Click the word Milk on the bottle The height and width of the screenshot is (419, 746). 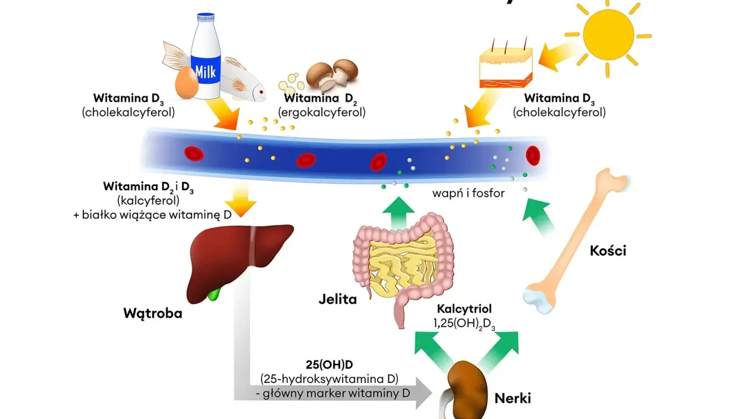pos(206,72)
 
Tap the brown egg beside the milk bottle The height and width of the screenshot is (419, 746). pos(186,83)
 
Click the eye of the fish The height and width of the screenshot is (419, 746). pos(262,92)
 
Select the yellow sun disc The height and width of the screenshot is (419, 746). pos(608,34)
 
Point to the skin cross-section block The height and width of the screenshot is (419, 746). pos(506,68)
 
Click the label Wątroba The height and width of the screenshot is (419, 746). pos(153,314)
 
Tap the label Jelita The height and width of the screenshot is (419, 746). pos(337,299)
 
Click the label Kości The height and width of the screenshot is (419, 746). pos(608,251)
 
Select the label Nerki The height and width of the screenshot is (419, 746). pos(512,399)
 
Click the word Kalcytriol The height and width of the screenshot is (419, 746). pos(464,309)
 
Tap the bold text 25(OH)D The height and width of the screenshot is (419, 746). pos(329,365)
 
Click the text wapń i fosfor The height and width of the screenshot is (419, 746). pos(468,193)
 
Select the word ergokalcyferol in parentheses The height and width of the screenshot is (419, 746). pos(322,112)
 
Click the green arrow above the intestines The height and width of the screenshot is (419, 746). pos(398,213)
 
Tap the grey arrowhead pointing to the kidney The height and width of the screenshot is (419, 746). pos(424,393)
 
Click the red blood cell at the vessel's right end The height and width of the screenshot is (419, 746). pos(533,155)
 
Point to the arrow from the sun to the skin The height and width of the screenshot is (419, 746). pos(557,56)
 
